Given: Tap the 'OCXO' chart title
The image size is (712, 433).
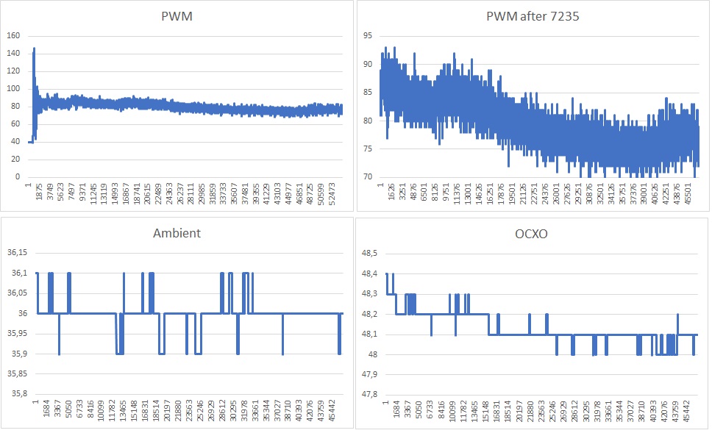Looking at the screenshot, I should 533,233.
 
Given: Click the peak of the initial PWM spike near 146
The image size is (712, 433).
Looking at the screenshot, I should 34,49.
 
